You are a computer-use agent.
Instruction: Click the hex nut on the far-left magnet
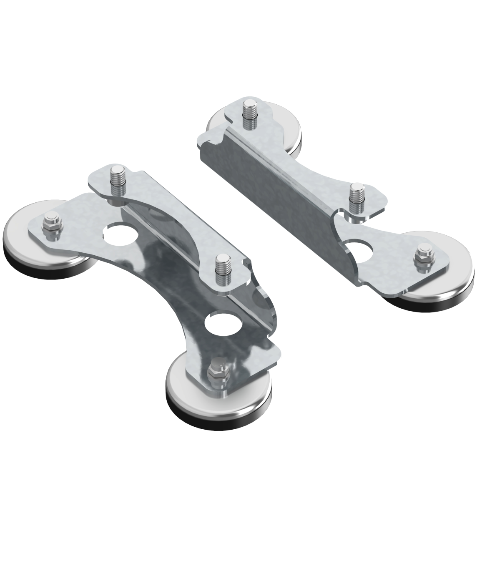tap(52, 226)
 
